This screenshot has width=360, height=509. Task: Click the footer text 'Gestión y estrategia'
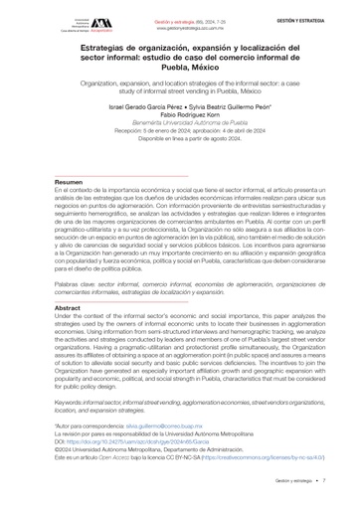click(287, 480)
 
